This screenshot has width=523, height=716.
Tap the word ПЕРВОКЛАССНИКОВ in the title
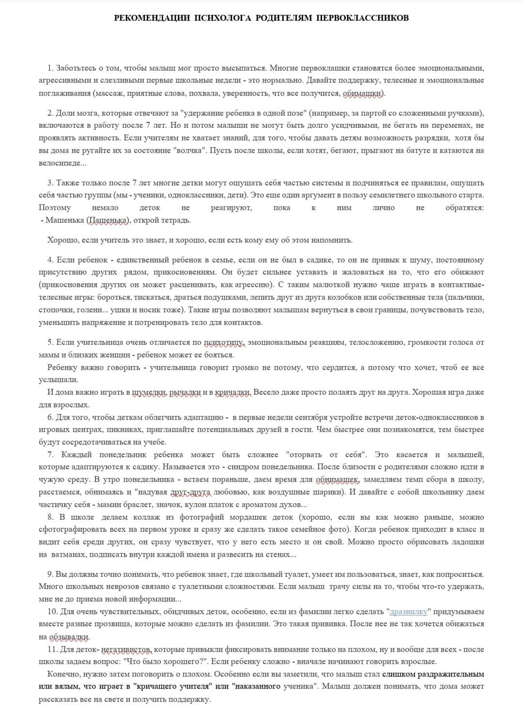362,18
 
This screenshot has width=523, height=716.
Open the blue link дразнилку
409,611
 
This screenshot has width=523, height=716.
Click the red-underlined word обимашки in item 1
363,93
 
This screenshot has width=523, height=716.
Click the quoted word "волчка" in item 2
190,150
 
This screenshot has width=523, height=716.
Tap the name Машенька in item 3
65,220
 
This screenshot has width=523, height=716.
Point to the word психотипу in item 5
225,342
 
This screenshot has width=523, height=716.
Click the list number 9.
50,574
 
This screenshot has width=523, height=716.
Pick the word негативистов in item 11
127,649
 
